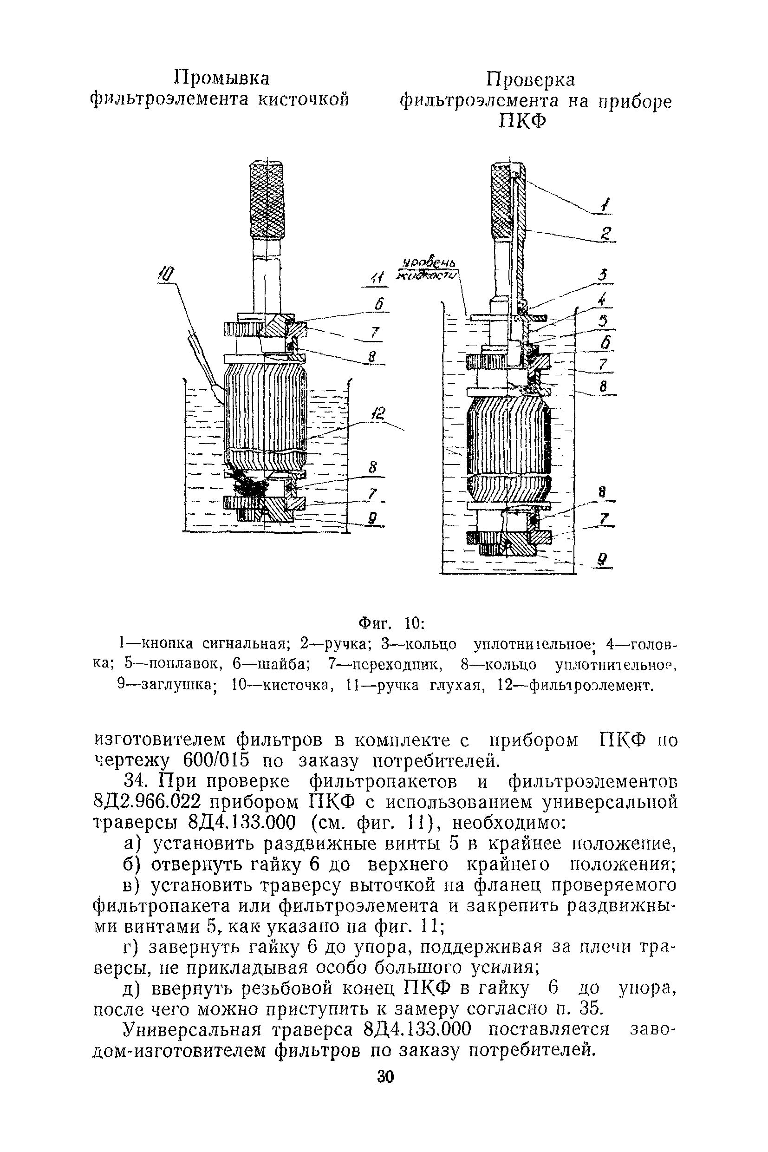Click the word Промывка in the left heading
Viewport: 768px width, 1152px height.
[222, 79]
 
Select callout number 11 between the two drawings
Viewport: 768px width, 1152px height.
[377, 278]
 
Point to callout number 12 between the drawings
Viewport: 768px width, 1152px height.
[377, 414]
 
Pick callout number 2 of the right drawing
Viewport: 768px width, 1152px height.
[606, 233]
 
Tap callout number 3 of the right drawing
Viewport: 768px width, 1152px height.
[605, 275]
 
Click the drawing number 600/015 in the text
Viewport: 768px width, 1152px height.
[216, 761]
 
